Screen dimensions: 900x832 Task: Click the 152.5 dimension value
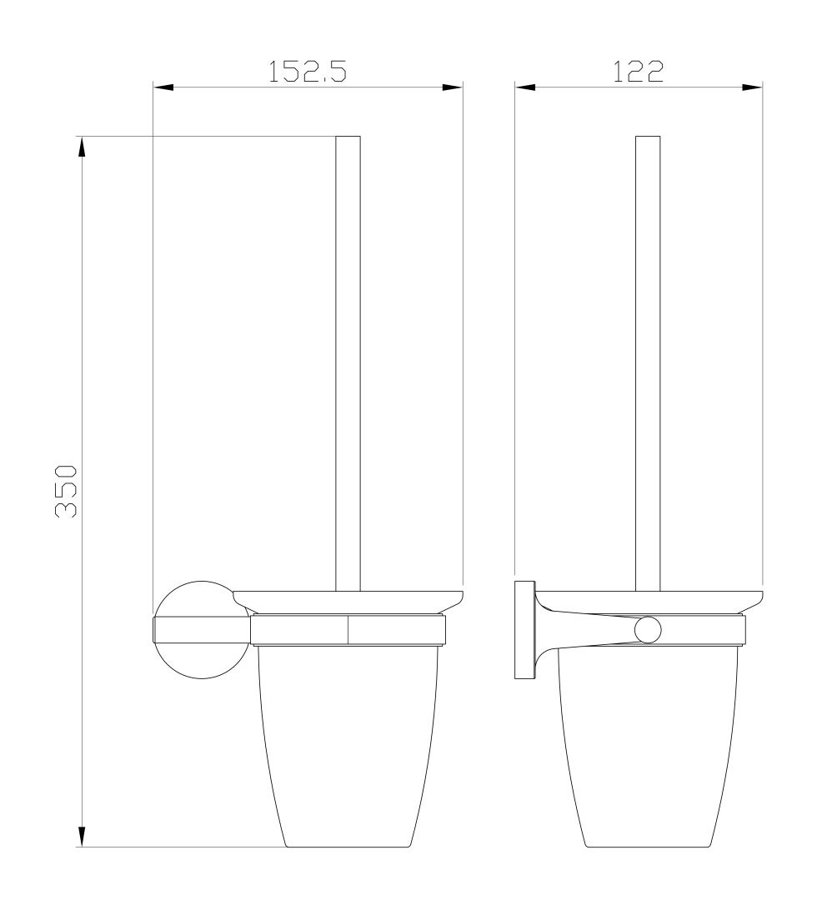pyautogui.click(x=307, y=72)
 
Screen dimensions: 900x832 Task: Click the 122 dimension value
pyautogui.click(x=638, y=72)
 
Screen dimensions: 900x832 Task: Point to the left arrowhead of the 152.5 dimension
pyautogui.click(x=163, y=87)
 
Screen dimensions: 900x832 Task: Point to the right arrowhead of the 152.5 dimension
pyautogui.click(x=453, y=87)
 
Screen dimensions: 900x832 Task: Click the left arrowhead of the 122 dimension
pyautogui.click(x=525, y=87)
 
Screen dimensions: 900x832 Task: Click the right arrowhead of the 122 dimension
pyautogui.click(x=753, y=87)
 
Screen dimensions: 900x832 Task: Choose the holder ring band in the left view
pyautogui.click(x=348, y=631)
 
